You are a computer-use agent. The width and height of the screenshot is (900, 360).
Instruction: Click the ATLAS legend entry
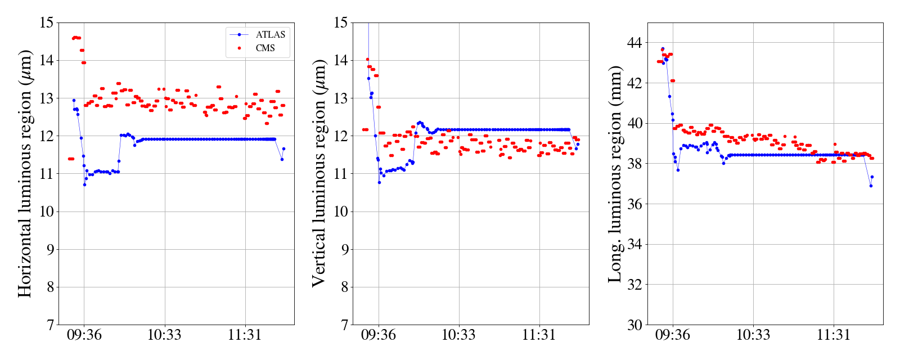[x=270, y=35]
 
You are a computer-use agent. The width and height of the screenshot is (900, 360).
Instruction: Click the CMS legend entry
[x=265, y=48]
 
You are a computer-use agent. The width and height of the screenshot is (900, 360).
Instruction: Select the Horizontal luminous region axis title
[x=25, y=173]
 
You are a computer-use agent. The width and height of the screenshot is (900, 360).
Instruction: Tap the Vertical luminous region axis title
[x=319, y=173]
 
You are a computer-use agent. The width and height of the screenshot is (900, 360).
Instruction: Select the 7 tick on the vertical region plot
[x=344, y=325]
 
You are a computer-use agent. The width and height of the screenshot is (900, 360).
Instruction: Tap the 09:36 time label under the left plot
[x=84, y=335]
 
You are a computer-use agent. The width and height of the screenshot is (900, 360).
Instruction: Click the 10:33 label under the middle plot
[x=458, y=335]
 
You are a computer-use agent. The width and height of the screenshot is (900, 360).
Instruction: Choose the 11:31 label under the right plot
[x=833, y=335]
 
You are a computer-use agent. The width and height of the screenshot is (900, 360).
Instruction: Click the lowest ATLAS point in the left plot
[x=84, y=184]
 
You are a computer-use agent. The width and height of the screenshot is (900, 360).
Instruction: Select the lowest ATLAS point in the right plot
[x=871, y=186]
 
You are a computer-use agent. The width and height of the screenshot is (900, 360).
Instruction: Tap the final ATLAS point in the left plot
[x=283, y=148]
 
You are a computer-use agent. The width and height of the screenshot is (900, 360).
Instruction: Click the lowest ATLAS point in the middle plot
[x=379, y=182]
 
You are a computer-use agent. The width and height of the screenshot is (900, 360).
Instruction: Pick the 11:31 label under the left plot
[x=245, y=335]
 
